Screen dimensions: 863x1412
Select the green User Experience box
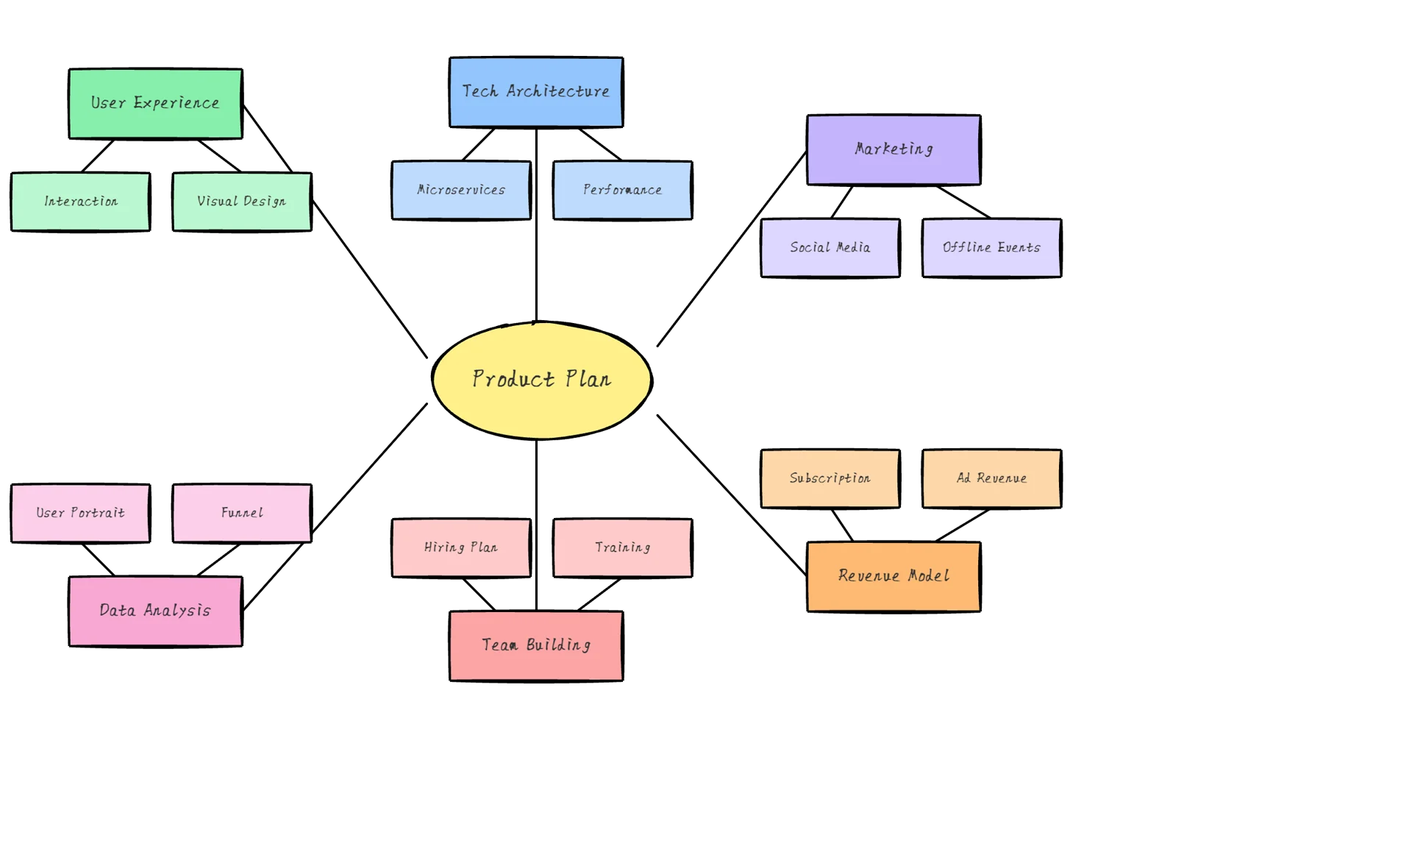(x=155, y=104)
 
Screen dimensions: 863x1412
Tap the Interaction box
(x=80, y=202)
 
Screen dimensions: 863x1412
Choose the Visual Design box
(x=241, y=202)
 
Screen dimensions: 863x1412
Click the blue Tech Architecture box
(x=535, y=92)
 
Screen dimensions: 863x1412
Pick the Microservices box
(x=460, y=190)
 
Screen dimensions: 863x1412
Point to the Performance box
(x=622, y=190)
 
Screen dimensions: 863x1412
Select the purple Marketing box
(x=894, y=149)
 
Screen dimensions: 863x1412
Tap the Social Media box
(x=830, y=248)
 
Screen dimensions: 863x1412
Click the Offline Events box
(x=991, y=248)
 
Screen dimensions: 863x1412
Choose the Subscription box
(x=830, y=478)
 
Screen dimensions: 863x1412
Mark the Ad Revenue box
(x=991, y=478)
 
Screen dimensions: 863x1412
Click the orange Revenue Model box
(x=894, y=576)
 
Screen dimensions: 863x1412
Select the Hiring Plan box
(x=460, y=547)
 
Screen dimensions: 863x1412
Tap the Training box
(x=622, y=547)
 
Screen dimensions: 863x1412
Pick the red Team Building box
(x=535, y=645)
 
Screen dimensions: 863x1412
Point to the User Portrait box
(x=80, y=513)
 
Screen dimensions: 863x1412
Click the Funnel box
(x=241, y=513)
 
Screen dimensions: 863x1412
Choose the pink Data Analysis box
(x=155, y=611)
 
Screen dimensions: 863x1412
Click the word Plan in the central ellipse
(x=588, y=379)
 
